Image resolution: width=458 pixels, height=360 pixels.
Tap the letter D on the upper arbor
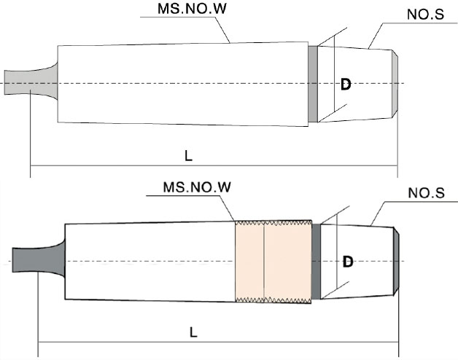click(x=346, y=85)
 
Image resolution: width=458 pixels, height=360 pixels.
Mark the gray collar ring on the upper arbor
click(x=313, y=83)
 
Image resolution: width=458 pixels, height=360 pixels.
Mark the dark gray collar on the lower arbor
click(x=316, y=260)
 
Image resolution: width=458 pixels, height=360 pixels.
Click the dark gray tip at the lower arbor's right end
click(x=397, y=260)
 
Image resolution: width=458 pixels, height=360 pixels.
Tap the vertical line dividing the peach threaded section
click(x=263, y=260)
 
